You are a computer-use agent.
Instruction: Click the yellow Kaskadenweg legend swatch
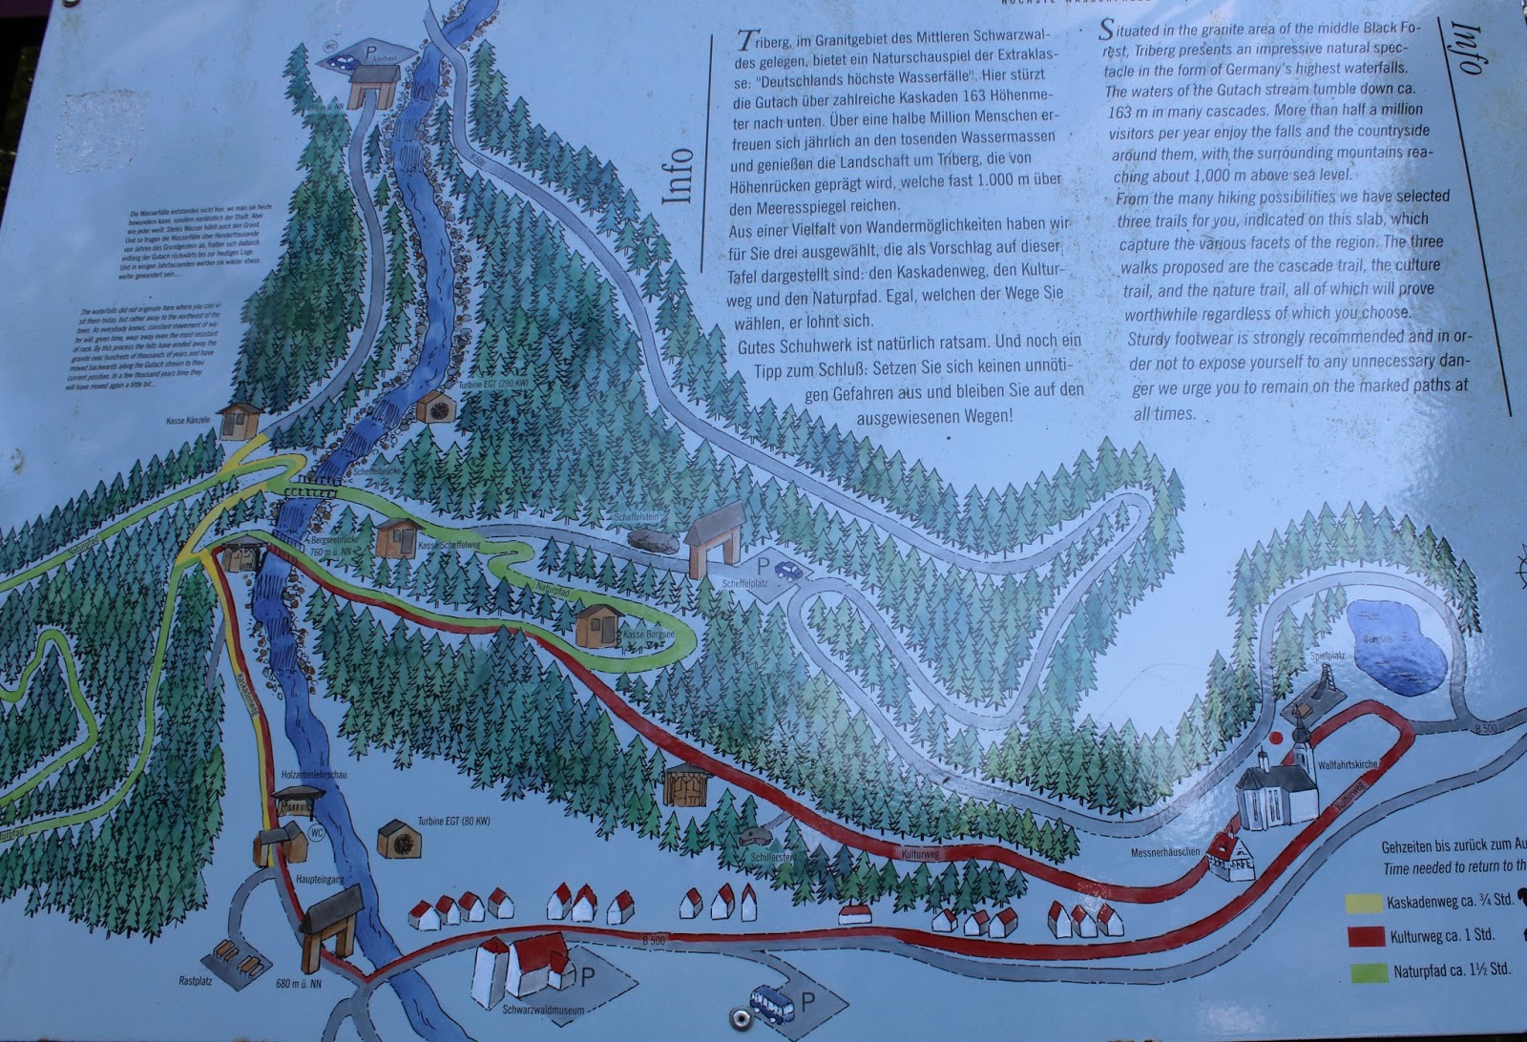[1362, 902]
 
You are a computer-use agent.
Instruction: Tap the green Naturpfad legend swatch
[1366, 972]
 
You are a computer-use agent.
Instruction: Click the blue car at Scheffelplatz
[788, 571]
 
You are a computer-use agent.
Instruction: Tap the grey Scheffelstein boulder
[654, 542]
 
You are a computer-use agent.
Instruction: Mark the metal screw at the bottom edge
[738, 1018]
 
